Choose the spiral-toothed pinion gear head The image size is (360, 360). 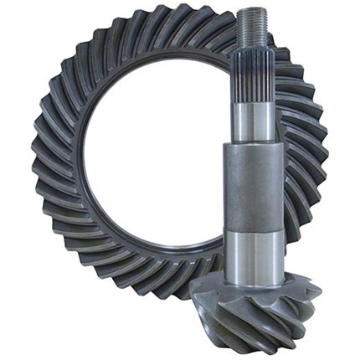[251, 314]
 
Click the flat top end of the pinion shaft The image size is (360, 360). [255, 9]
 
